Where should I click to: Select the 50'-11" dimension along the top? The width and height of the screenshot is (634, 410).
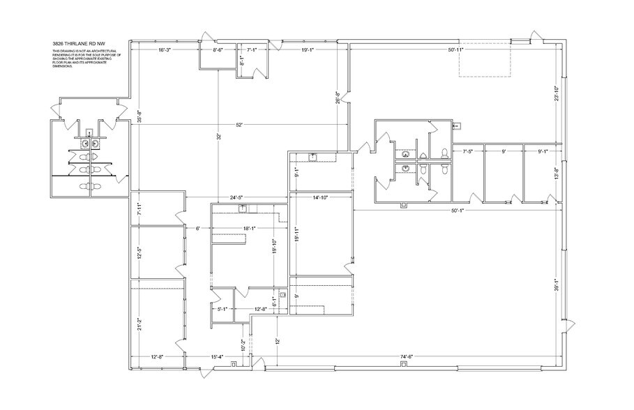pos(456,50)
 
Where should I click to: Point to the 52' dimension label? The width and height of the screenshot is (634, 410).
pos(239,125)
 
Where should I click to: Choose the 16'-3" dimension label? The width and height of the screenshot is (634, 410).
pos(165,50)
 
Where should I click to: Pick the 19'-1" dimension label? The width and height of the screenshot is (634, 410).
pos(308,50)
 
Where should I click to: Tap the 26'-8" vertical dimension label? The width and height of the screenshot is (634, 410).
pos(338,98)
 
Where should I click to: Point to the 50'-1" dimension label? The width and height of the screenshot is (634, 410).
pos(458,210)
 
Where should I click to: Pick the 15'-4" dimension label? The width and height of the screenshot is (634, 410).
pos(217,357)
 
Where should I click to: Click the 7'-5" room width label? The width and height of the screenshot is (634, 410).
pos(468,151)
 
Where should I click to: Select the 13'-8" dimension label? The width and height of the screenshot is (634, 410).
pos(556,174)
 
